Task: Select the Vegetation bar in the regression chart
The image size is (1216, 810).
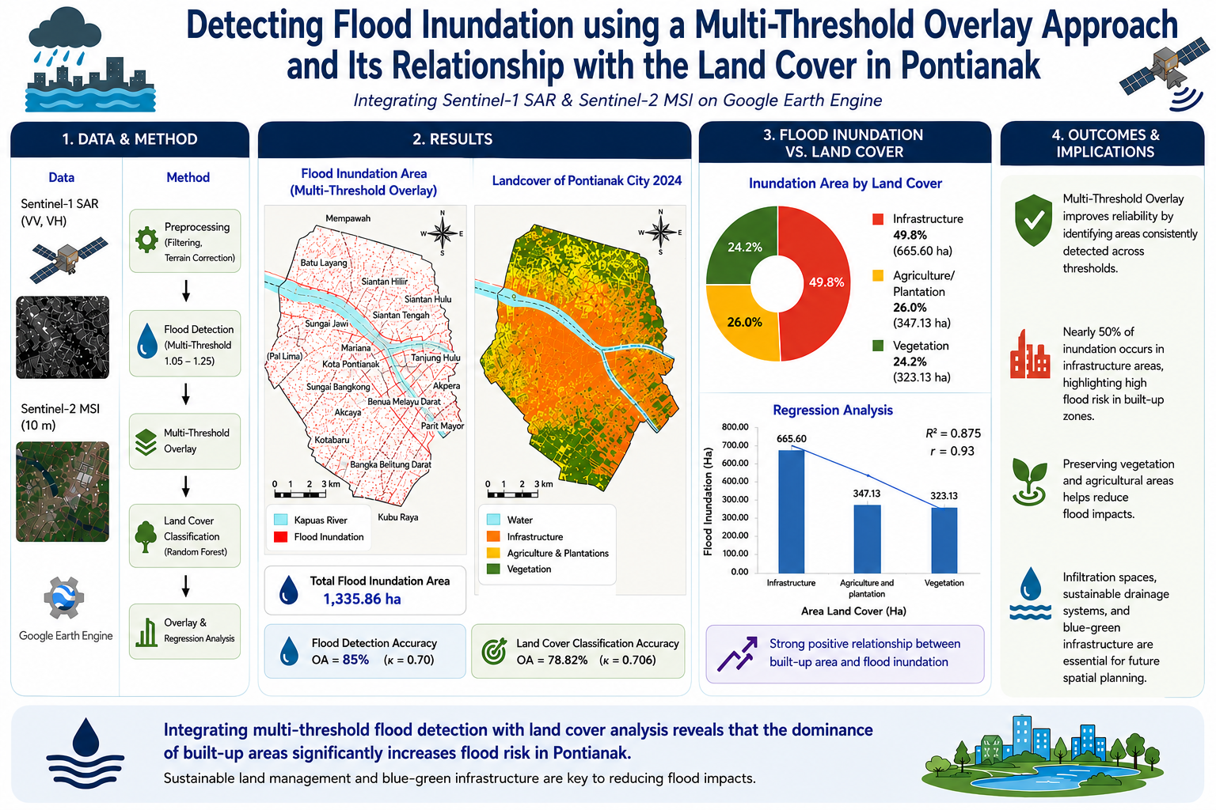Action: click(x=944, y=539)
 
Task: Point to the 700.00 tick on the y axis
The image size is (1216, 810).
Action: click(x=735, y=445)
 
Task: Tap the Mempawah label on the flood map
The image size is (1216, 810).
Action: click(x=348, y=218)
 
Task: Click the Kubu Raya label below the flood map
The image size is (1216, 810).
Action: click(x=398, y=517)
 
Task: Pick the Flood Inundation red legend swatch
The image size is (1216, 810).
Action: click(x=281, y=536)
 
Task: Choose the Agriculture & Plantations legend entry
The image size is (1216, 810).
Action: click(x=548, y=553)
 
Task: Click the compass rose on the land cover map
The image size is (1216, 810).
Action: click(x=660, y=233)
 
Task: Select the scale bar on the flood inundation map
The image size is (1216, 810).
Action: click(x=300, y=494)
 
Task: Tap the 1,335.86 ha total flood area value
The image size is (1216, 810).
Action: click(x=362, y=599)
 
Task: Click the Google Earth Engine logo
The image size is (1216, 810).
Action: click(x=64, y=598)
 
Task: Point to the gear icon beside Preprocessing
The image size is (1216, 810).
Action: click(x=146, y=240)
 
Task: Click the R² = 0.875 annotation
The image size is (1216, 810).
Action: click(x=952, y=433)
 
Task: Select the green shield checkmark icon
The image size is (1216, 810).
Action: click(x=1033, y=220)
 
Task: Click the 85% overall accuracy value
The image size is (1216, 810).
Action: click(x=355, y=660)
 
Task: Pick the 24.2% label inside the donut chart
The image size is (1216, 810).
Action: click(x=745, y=248)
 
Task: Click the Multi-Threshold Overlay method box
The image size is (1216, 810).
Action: click(x=184, y=441)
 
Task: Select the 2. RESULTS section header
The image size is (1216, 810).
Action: click(x=453, y=139)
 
